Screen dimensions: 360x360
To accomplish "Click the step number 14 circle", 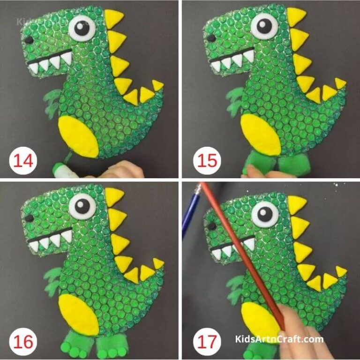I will (23, 161).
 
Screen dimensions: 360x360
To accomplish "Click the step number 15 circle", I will (207, 161).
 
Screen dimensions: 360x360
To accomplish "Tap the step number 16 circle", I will (23, 342).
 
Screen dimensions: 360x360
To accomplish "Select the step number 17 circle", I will (207, 342).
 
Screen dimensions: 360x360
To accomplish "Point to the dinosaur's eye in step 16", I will (82, 205).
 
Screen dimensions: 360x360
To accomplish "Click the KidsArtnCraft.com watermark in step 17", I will (278, 339).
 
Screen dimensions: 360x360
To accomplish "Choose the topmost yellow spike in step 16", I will (113, 196).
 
